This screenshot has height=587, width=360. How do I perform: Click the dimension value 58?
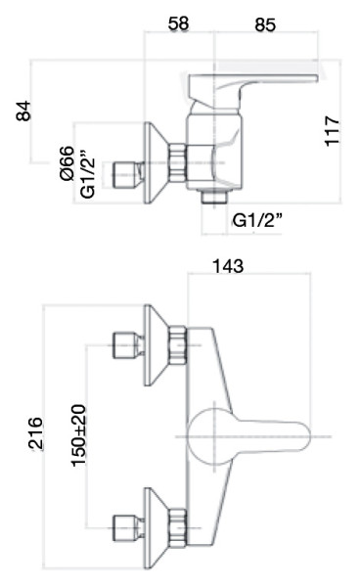(179, 23)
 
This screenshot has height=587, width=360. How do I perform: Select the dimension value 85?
(264, 23)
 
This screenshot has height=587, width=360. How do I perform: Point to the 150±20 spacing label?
(77, 436)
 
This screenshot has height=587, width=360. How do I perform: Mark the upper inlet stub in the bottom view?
(124, 344)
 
